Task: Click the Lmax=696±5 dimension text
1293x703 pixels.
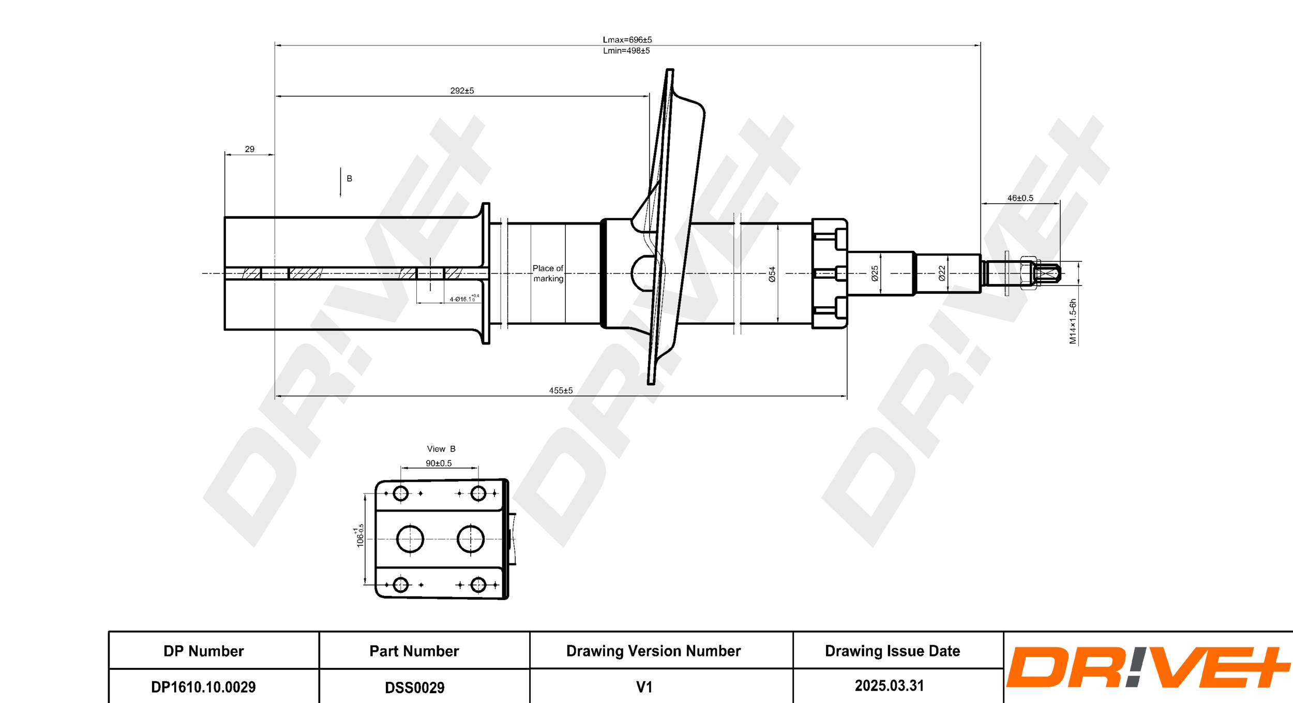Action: (627, 40)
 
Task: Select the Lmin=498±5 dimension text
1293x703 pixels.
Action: (626, 51)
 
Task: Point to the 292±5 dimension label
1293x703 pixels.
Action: (462, 91)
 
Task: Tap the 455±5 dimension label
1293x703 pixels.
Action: (561, 391)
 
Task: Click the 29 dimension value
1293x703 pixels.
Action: (249, 149)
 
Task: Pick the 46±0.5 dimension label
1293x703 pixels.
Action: (1020, 198)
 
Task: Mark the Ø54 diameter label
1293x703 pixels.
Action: (772, 274)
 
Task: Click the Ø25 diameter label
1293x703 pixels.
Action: (875, 273)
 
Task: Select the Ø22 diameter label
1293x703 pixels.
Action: (942, 273)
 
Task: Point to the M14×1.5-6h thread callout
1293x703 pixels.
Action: (1073, 321)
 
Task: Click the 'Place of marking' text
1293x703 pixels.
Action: (548, 273)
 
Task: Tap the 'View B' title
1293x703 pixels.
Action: (441, 448)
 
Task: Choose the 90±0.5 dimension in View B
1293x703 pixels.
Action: (439, 463)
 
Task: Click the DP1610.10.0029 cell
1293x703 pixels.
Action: (203, 687)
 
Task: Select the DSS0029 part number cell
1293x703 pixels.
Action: (414, 687)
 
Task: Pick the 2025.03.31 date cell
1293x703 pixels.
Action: (889, 685)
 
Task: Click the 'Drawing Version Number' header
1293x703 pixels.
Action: (653, 651)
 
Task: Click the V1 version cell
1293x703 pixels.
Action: (644, 687)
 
